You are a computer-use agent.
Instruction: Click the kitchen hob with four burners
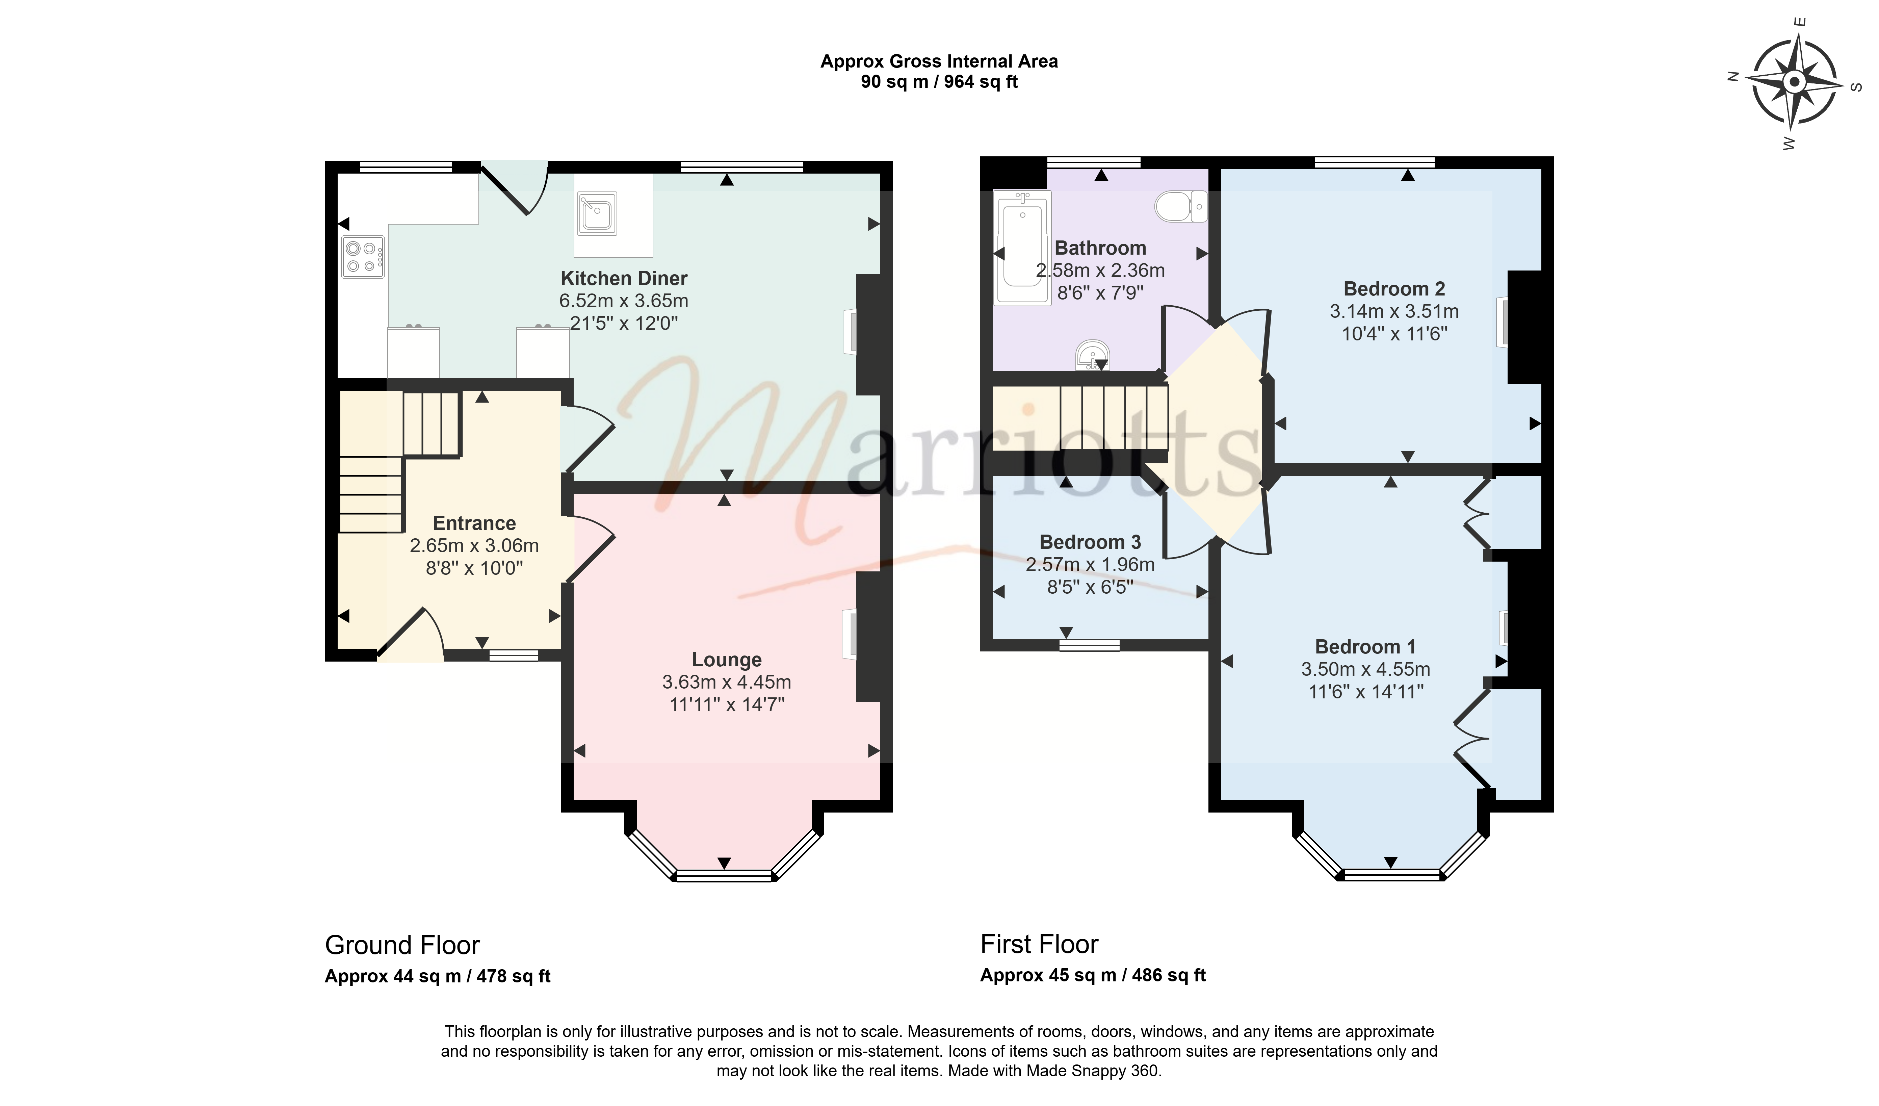click(x=363, y=257)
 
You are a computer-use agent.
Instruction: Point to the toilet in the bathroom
click(x=1181, y=206)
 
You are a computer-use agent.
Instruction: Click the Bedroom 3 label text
click(x=1090, y=542)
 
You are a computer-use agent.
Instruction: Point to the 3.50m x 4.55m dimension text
click(x=1366, y=669)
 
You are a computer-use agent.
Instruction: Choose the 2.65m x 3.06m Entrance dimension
click(x=474, y=546)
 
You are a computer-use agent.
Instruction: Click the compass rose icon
click(x=1795, y=81)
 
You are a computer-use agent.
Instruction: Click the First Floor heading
click(x=1039, y=944)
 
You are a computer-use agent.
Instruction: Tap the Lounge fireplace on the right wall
click(x=849, y=635)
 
